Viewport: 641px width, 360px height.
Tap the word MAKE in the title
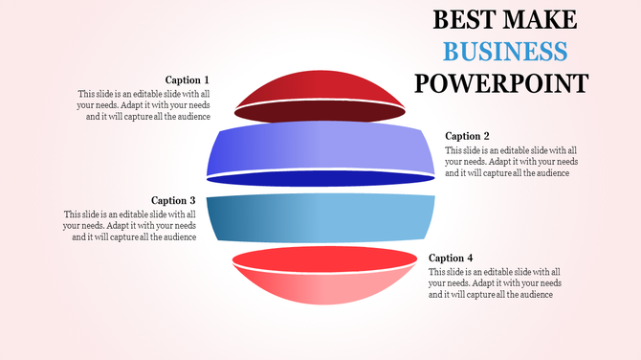(542, 19)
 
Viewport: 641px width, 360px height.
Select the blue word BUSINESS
(505, 51)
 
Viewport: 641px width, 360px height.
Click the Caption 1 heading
(187, 80)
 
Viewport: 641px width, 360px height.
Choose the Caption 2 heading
(468, 136)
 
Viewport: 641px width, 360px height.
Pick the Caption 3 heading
(173, 200)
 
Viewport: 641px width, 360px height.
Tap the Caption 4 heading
(451, 258)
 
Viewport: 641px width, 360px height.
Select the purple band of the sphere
(320, 148)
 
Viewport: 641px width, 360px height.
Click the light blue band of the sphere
(320, 218)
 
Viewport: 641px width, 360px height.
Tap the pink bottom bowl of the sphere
(320, 287)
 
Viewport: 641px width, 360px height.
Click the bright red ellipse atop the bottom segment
(320, 259)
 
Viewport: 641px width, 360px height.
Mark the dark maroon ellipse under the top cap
(320, 111)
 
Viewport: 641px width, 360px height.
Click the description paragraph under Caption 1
(144, 105)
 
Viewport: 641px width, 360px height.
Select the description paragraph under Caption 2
(511, 162)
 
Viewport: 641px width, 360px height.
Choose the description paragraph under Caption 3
(130, 225)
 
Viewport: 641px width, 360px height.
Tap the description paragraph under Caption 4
(495, 283)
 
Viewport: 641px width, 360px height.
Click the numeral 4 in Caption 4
(470, 258)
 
